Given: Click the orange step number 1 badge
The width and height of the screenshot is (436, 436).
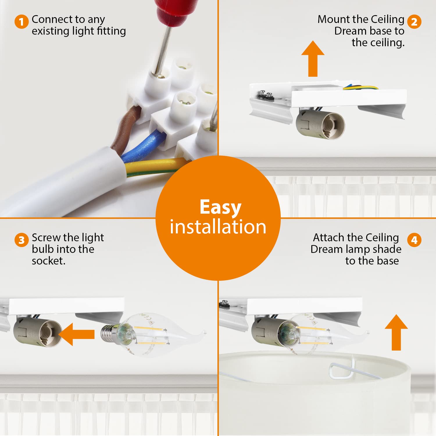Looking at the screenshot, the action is [x=22, y=22].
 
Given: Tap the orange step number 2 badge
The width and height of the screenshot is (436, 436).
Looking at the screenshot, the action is [x=414, y=22].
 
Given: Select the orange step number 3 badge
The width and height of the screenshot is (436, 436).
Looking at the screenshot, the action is [x=22, y=240].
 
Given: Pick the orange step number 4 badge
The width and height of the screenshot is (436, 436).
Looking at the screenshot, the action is [x=414, y=240].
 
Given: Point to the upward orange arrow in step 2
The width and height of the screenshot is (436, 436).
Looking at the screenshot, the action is [x=313, y=59].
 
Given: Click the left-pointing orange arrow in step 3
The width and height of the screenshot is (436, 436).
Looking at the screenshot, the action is [x=77, y=334].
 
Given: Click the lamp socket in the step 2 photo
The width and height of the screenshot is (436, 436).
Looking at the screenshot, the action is [x=320, y=124].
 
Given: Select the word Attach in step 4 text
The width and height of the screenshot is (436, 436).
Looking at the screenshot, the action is [x=329, y=237].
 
